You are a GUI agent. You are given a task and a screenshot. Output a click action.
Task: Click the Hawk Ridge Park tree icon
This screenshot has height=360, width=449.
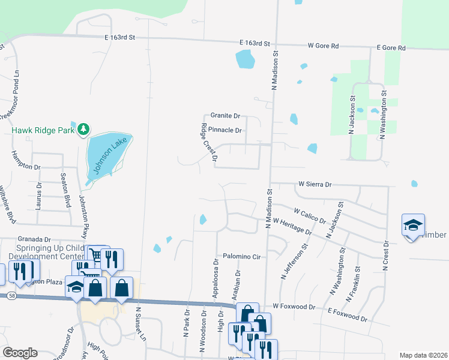[x=85, y=129]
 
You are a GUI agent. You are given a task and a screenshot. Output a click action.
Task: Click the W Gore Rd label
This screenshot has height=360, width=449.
[x=323, y=46]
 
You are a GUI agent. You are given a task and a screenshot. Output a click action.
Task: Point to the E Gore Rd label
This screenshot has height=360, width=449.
[x=391, y=47]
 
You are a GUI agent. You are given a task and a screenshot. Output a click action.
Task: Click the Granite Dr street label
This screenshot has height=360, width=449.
[x=225, y=115]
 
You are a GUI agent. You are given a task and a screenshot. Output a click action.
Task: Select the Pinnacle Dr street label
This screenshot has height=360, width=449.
[x=226, y=130]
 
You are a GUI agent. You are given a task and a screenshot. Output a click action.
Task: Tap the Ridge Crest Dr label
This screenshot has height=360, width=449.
[x=208, y=143]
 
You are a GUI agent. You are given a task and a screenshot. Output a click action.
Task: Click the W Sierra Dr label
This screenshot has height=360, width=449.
[x=315, y=185]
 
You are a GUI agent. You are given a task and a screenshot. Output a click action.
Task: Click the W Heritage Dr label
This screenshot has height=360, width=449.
[x=292, y=226]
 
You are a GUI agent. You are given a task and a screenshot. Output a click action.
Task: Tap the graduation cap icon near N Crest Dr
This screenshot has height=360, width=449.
[x=413, y=225]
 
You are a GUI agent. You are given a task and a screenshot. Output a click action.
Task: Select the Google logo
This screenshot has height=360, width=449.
[x=20, y=353]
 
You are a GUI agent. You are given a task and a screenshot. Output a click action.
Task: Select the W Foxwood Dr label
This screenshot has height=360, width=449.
[x=294, y=307]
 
